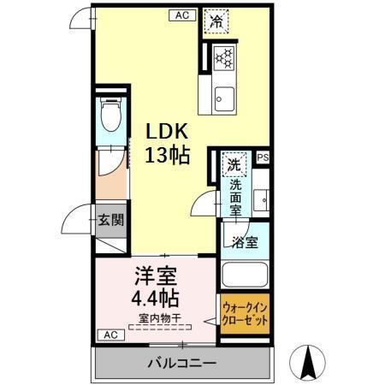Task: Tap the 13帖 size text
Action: point(165,157)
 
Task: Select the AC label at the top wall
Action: point(182,15)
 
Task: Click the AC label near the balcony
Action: point(110,335)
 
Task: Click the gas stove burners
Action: point(223,57)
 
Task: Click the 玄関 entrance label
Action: point(110,220)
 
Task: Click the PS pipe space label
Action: point(262,157)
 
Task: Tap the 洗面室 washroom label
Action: point(234,194)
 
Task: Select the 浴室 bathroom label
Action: point(246,242)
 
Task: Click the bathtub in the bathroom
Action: point(246,276)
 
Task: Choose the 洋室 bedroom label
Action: point(155,278)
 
